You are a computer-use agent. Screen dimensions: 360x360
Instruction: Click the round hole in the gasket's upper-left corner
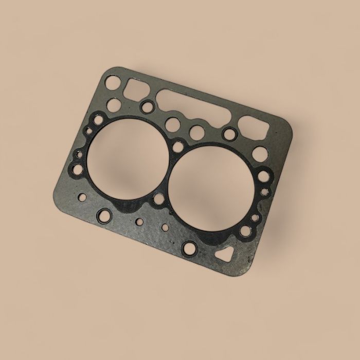tap(115, 82)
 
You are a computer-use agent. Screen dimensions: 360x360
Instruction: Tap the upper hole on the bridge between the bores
tap(178, 146)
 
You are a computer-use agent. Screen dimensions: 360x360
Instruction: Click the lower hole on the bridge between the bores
tap(158, 200)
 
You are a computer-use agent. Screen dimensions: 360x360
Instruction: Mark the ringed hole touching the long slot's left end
tap(148, 106)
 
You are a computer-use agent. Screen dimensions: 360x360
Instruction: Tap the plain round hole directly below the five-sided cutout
tap(260, 154)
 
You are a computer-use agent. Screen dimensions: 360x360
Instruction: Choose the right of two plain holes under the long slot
tap(196, 132)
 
